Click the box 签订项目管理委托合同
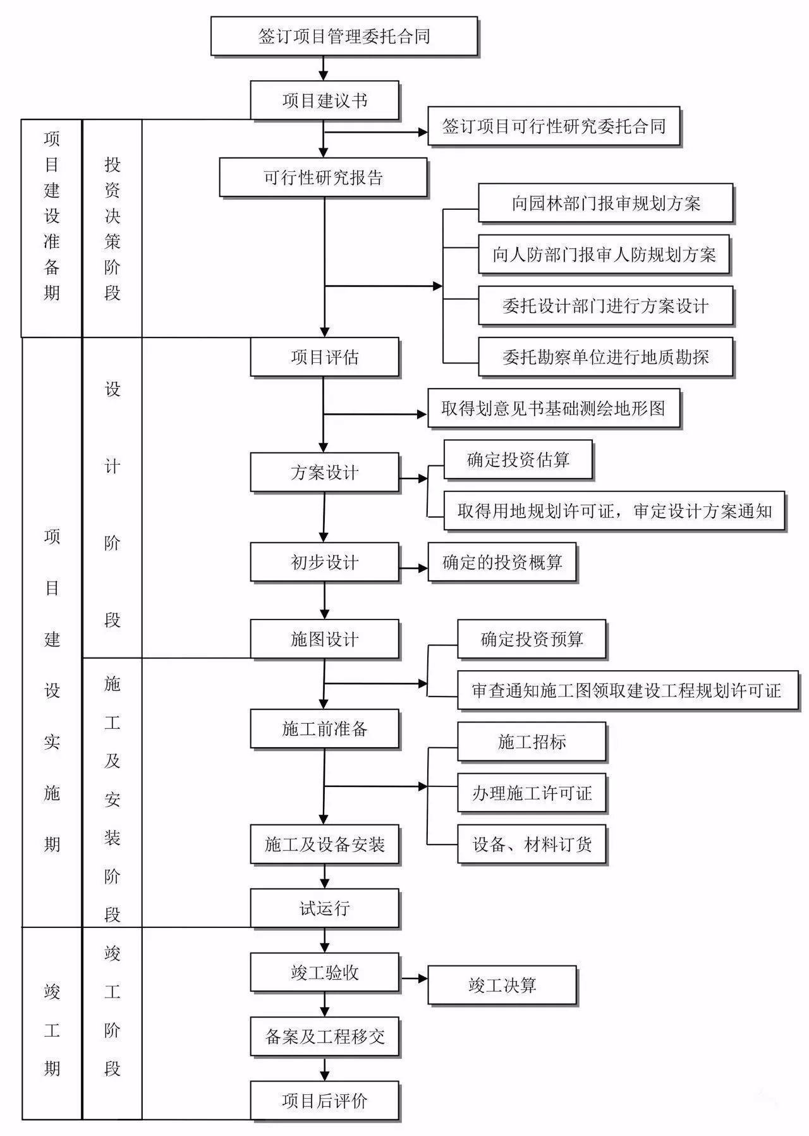tap(344, 36)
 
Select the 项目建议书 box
tap(325, 100)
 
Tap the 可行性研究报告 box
tap(324, 177)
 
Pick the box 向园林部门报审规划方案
tap(605, 203)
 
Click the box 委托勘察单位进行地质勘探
tap(605, 357)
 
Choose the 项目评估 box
tap(325, 357)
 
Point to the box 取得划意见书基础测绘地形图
tap(554, 408)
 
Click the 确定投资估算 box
tap(518, 460)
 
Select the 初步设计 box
tap(325, 562)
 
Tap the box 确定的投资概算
tap(502, 562)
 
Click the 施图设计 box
tap(325, 639)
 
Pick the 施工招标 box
tap(532, 742)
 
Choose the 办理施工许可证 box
tap(532, 793)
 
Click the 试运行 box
tap(325, 908)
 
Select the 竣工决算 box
tap(502, 985)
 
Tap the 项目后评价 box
tap(325, 1101)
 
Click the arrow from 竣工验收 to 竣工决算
tap(414, 979)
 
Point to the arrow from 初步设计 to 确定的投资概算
tap(414, 568)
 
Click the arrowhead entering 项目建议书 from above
tap(324, 75)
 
